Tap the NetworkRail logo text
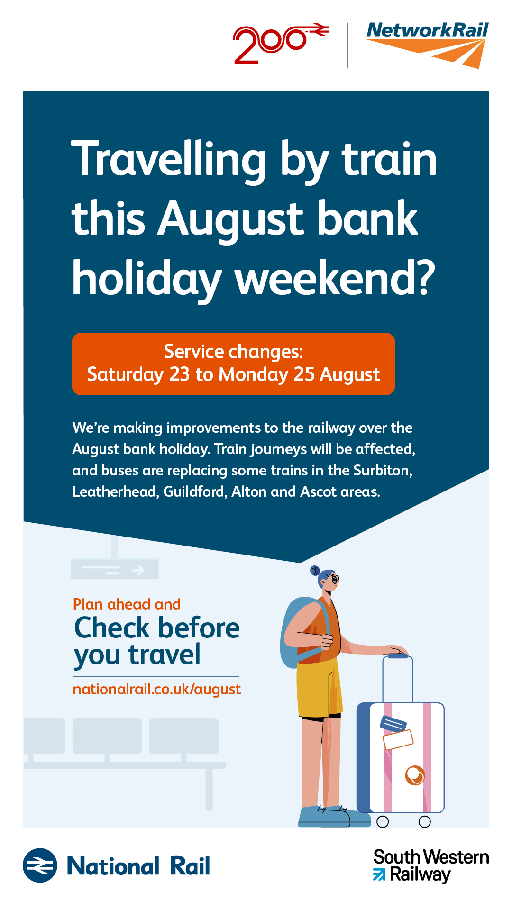[428, 30]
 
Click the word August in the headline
[230, 218]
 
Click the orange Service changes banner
[233, 364]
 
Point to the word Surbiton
[383, 470]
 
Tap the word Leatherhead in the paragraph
[115, 491]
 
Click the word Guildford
[195, 491]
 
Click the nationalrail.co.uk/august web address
[157, 689]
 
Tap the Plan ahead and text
[127, 604]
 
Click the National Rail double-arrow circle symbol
[40, 865]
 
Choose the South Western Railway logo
[430, 866]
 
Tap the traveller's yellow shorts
[319, 686]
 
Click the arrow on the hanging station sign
[138, 570]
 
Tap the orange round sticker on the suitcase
[415, 775]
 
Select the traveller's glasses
[335, 579]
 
